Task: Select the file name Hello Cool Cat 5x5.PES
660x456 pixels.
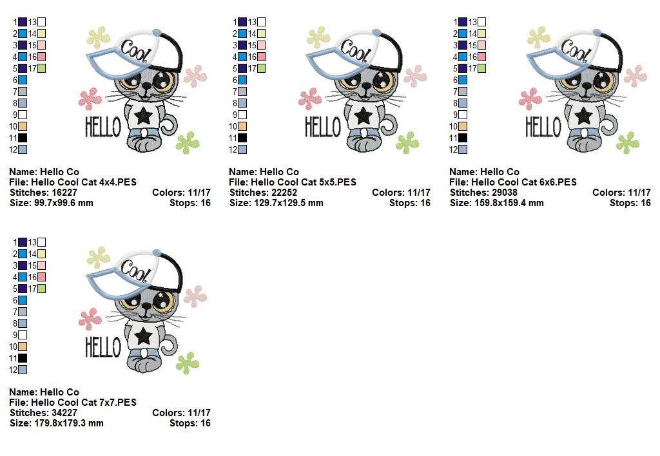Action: (304, 182)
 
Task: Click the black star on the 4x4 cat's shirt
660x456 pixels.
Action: (143, 116)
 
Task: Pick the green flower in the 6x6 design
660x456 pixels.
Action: (628, 142)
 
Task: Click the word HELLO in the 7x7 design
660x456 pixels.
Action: (103, 347)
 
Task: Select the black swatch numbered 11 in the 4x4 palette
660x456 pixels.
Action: (23, 138)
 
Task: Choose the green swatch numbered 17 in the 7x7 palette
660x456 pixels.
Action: (41, 289)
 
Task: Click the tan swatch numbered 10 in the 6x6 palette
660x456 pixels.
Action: (463, 126)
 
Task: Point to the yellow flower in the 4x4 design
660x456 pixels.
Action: (99, 37)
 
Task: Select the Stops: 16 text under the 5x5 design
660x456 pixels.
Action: (409, 203)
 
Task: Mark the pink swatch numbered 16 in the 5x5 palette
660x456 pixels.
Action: (262, 57)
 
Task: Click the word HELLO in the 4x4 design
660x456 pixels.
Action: (103, 127)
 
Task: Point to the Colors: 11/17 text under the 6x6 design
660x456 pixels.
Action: (621, 193)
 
